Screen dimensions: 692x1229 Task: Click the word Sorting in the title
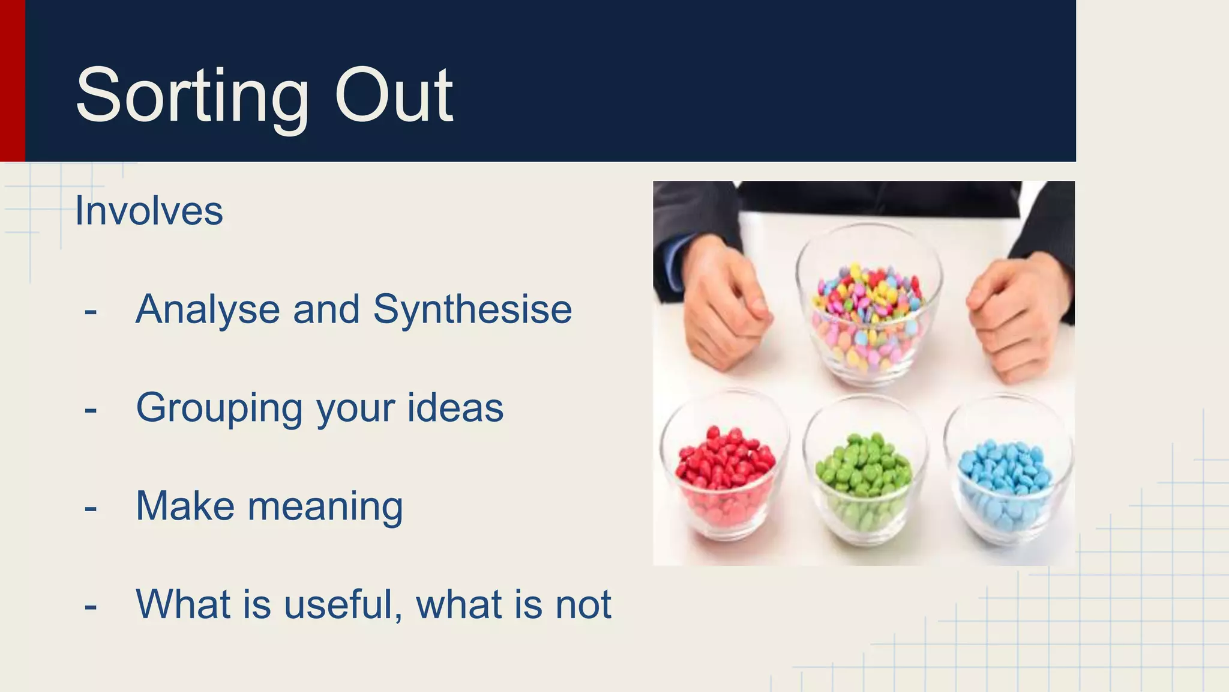pos(192,96)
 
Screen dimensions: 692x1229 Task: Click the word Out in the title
pos(393,96)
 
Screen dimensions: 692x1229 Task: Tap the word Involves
pos(149,211)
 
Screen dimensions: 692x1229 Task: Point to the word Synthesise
pos(472,310)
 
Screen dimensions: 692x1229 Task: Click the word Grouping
pos(219,408)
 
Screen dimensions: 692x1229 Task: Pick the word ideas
pos(455,407)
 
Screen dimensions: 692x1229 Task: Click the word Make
pos(185,506)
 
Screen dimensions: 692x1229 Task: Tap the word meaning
pos(325,507)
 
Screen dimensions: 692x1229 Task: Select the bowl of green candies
pos(864,475)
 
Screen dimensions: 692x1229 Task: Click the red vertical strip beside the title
pos(12,80)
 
